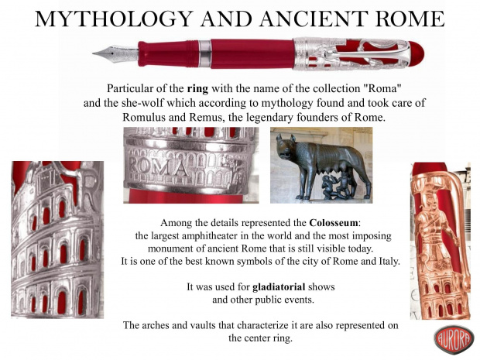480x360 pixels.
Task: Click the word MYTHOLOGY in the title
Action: [115, 19]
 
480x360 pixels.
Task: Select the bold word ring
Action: [197, 89]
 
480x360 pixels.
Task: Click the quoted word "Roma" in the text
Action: [382, 88]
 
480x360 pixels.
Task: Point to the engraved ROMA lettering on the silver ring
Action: [159, 167]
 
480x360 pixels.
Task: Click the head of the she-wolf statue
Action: [286, 146]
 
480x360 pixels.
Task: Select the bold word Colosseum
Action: [333, 222]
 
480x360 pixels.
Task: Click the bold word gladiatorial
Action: [279, 287]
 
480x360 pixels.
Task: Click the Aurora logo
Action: [454, 340]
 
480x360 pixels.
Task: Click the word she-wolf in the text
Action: [142, 103]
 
